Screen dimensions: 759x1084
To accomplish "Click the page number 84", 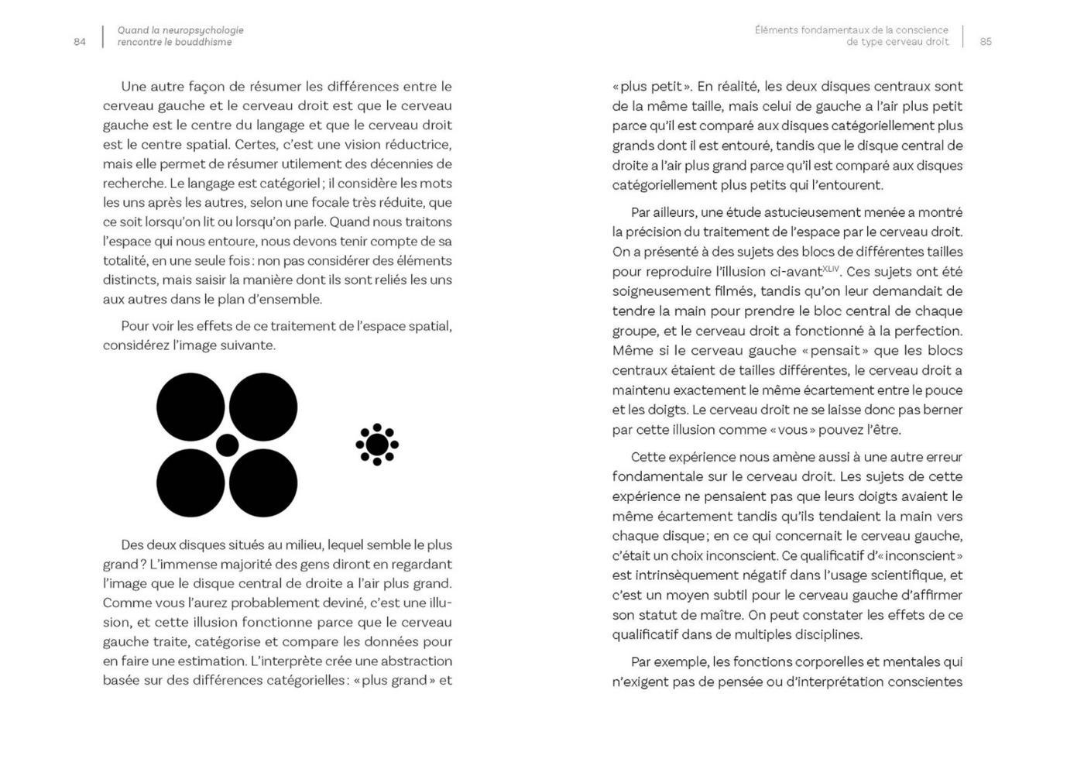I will coord(80,42).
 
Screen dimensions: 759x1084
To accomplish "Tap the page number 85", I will coord(986,42).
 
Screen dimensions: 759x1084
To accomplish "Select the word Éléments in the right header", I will coord(776,30).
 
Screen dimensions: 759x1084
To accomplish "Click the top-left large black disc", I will coord(190,407).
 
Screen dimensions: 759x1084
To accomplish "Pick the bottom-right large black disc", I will coord(263,483).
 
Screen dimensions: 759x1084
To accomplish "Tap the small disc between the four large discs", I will coord(227,445).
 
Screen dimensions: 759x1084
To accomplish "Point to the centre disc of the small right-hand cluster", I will coord(377,445).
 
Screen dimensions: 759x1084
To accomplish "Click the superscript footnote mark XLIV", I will coord(830,268).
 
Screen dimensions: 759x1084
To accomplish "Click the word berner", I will coord(942,410).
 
